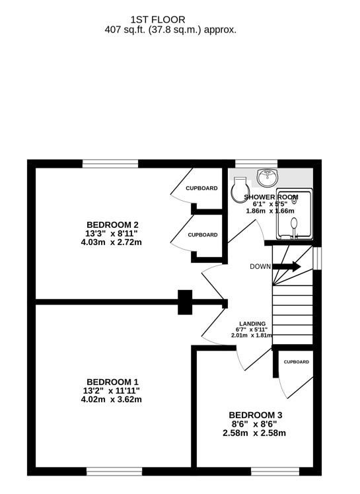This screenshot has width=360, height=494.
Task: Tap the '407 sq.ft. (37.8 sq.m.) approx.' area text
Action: [170, 30]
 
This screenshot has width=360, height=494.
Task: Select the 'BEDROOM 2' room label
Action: [111, 223]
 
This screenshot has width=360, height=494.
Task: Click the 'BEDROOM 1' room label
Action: [112, 382]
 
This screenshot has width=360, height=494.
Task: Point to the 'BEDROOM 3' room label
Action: [252, 415]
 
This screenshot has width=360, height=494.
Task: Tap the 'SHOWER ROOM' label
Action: [271, 197]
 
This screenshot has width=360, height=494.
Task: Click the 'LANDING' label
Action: [252, 324]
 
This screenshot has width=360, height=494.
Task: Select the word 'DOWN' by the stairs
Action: [260, 267]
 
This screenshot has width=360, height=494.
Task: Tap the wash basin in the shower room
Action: [268, 177]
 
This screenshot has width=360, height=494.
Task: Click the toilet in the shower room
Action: [239, 191]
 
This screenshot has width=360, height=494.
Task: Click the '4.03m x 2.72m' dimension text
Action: [111, 242]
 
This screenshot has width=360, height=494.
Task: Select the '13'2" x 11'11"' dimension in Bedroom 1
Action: [112, 391]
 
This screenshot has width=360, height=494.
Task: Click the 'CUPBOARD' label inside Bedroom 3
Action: [297, 362]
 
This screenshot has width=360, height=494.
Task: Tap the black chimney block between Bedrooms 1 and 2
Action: [185, 302]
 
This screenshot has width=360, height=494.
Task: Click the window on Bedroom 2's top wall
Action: [110, 163]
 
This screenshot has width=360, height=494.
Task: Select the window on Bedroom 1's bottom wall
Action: [113, 472]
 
